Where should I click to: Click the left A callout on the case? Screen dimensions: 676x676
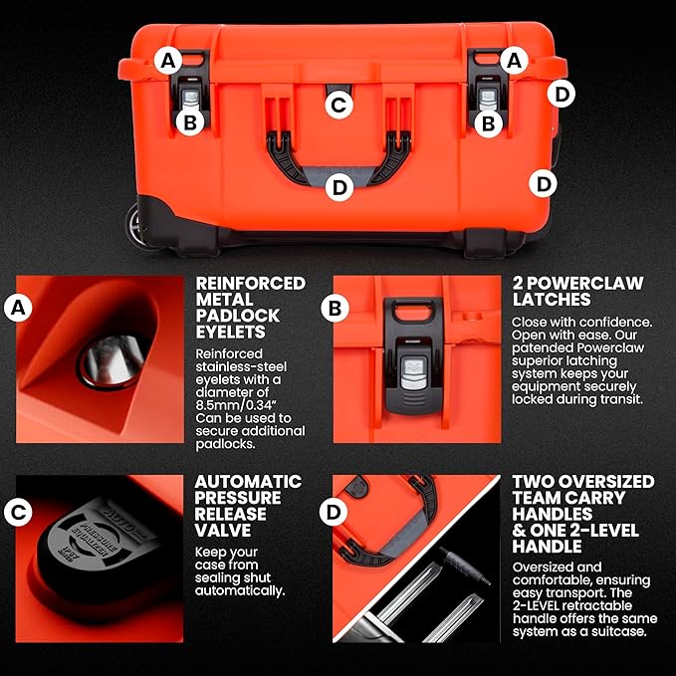[x=169, y=60]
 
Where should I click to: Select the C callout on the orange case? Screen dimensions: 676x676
[x=338, y=103]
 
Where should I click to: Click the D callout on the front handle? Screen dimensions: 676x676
[x=338, y=185]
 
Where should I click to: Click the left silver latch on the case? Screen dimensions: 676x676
[x=190, y=101]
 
